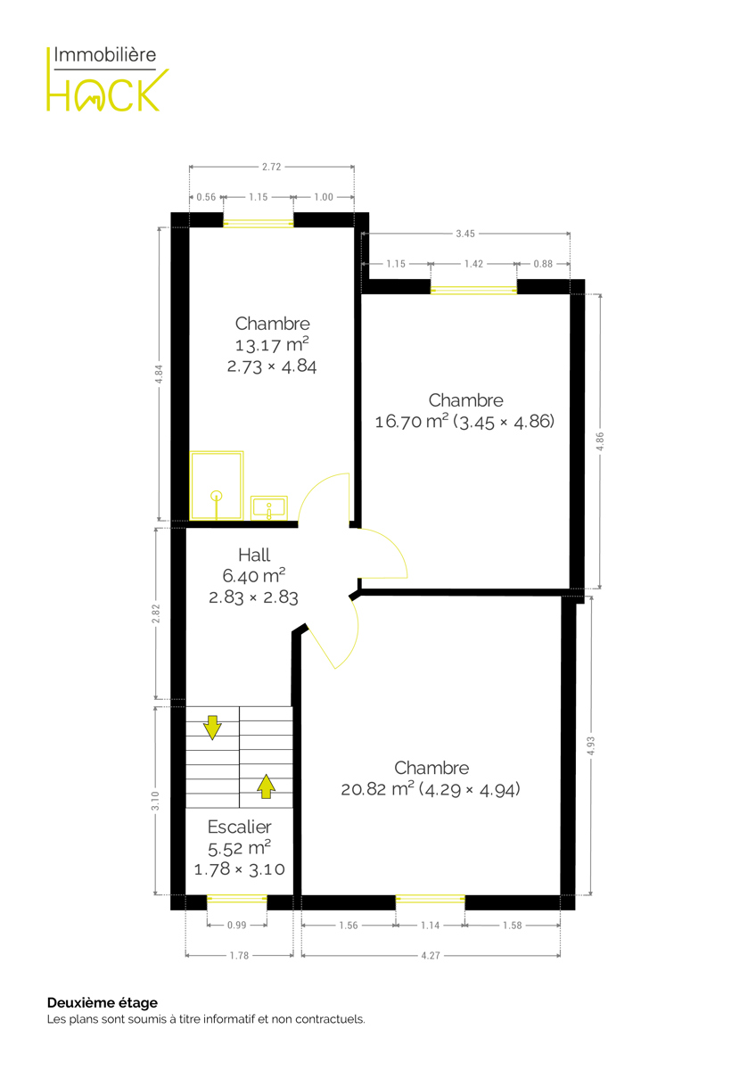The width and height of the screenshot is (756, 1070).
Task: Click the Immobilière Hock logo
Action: [108, 78]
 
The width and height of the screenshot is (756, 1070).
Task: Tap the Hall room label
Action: [253, 555]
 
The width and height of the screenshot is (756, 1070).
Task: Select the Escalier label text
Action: [239, 827]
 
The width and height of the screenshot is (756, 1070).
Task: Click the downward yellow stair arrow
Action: [212, 728]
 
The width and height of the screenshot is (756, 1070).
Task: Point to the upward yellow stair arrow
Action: [266, 786]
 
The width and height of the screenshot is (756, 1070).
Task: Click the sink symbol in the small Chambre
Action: [269, 508]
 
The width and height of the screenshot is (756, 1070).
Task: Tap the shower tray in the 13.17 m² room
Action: [217, 486]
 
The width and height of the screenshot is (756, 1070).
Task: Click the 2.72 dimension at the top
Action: [271, 167]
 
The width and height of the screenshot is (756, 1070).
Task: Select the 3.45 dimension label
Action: [464, 234]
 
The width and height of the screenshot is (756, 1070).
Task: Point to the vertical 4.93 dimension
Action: [591, 745]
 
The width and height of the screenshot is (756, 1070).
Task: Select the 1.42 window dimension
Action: [473, 264]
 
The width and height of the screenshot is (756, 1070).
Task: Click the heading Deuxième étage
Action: [103, 1002]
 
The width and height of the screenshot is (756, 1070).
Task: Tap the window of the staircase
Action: [237, 899]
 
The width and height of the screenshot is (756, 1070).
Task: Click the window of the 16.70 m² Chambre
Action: [473, 290]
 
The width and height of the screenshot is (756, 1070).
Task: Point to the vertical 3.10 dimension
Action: [155, 801]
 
